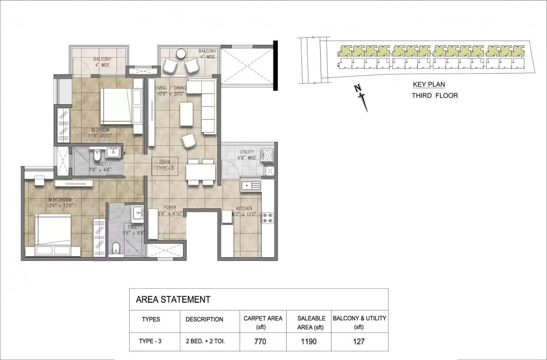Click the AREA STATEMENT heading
(173, 299)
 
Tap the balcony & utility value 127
(359, 341)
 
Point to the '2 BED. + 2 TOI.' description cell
(204, 341)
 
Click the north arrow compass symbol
(362, 97)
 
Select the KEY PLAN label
(429, 85)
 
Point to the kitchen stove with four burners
(267, 218)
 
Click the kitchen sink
(250, 185)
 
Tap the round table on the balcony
(181, 54)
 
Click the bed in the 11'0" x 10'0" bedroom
(116, 106)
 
